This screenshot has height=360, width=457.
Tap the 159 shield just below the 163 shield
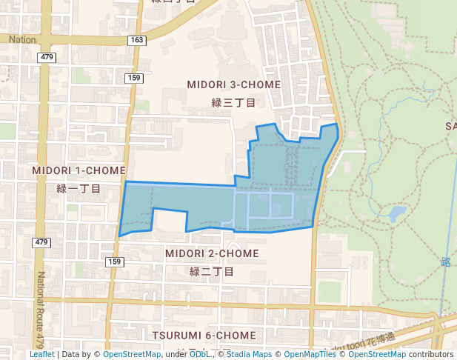[x=134, y=78]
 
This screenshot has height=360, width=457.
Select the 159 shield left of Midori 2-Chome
[x=114, y=261]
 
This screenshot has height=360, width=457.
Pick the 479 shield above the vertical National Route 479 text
[x=41, y=242]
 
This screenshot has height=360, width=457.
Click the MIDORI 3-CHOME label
[x=234, y=84]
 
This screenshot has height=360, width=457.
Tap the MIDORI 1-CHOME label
[x=79, y=170]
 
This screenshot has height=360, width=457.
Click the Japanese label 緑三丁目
[x=233, y=103]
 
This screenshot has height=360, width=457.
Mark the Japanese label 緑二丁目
[x=212, y=272]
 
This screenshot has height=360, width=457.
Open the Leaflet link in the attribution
[x=42, y=354]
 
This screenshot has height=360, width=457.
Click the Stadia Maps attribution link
[x=252, y=354]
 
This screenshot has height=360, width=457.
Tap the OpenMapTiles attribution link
[x=307, y=354]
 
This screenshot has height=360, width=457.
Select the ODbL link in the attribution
[x=199, y=354]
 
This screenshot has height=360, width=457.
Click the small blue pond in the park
[x=397, y=214]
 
